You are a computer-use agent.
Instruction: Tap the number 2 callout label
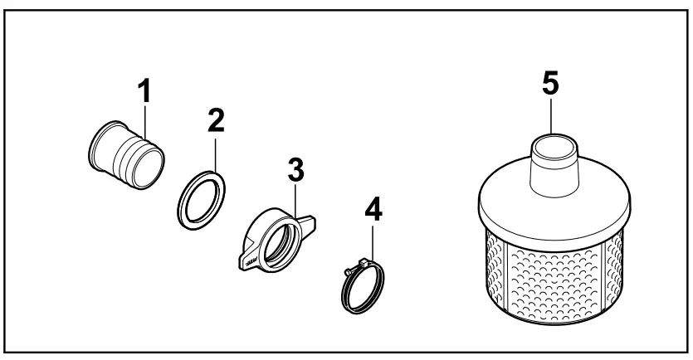[x=216, y=119]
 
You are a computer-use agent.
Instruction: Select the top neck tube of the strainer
[x=553, y=163]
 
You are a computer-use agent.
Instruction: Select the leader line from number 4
[x=371, y=245]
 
